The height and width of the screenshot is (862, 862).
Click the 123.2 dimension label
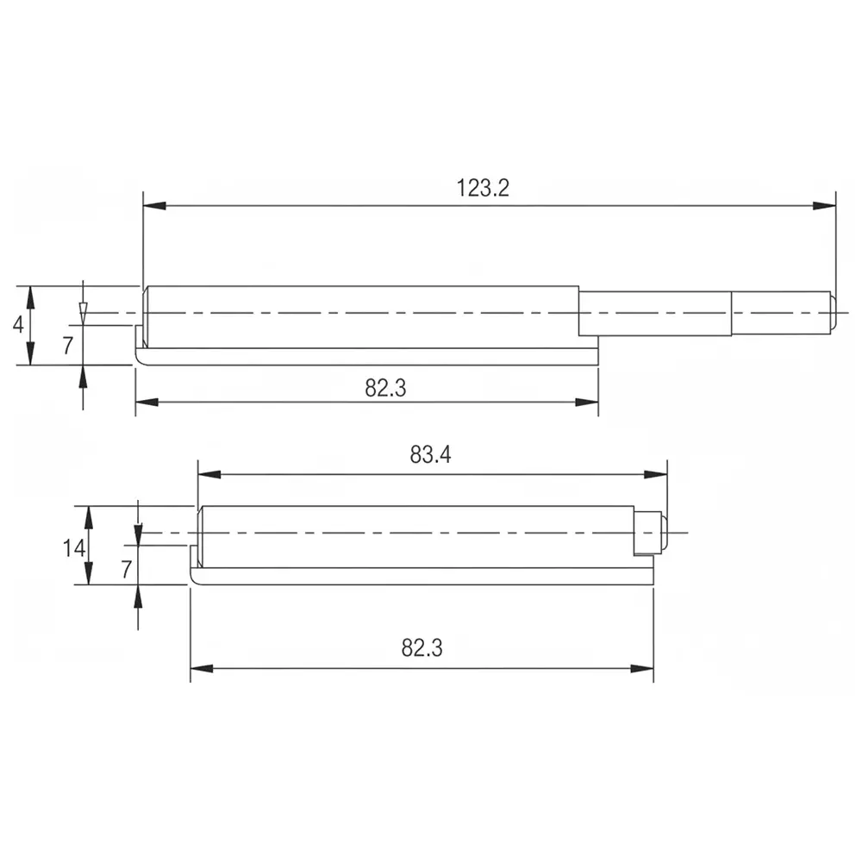[483, 188]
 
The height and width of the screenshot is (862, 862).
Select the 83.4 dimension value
[430, 456]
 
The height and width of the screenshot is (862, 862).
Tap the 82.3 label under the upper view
[385, 388]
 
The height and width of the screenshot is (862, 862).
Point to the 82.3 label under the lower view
[422, 648]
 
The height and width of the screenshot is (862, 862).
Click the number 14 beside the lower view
[73, 547]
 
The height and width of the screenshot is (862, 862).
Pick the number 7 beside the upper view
[68, 347]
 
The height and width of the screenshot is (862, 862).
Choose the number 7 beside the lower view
[126, 568]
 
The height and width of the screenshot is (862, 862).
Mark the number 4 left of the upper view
[17, 325]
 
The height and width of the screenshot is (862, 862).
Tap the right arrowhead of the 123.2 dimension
[825, 205]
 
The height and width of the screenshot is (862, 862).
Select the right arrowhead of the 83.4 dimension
[657, 474]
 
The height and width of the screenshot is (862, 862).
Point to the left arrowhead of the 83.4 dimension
[209, 474]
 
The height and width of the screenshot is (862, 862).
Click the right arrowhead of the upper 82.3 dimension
[588, 402]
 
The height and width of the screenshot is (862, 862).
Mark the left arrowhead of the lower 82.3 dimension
[201, 668]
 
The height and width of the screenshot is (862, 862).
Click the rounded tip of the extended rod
[833, 312]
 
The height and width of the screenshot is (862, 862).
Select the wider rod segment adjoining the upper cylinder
[654, 313]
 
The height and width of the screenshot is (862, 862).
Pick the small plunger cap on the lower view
[651, 533]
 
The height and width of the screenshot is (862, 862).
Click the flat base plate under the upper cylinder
[371, 356]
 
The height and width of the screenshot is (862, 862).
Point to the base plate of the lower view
[422, 576]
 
